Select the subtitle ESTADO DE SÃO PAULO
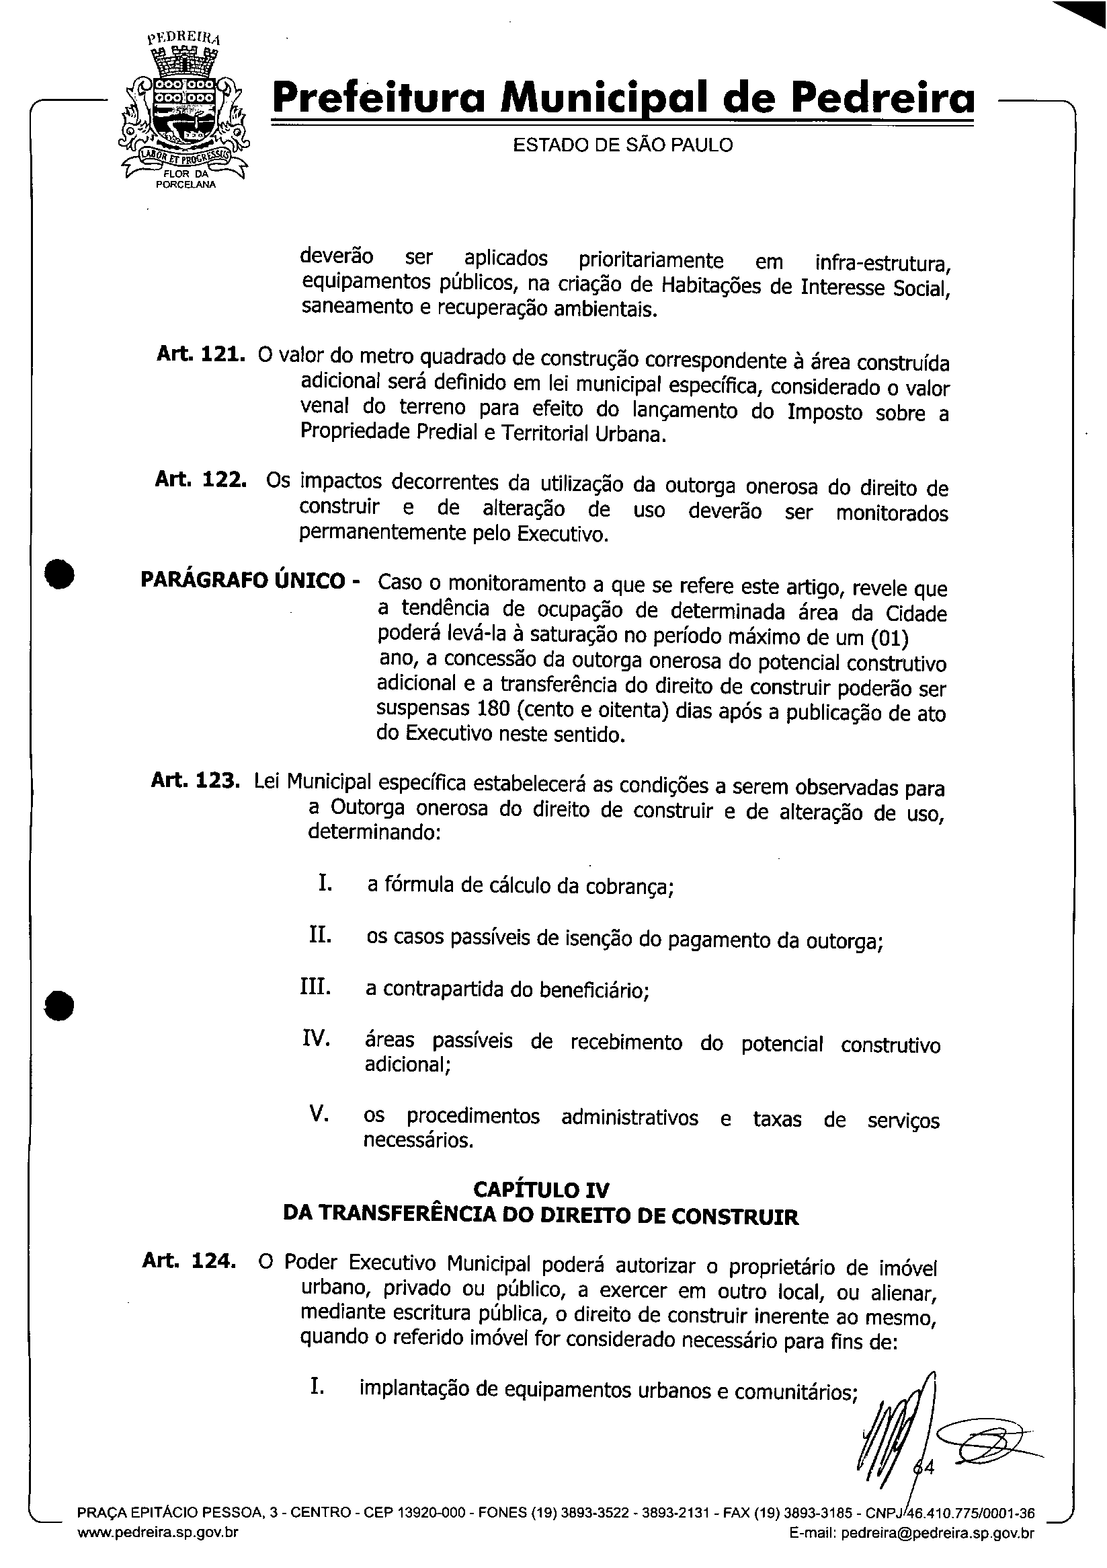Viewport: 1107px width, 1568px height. point(622,145)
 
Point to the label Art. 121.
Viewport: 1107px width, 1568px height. point(201,355)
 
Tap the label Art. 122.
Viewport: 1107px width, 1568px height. point(201,480)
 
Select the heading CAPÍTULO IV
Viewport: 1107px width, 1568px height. point(540,1191)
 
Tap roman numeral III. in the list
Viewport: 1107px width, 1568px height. point(316,987)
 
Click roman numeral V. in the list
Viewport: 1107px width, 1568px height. point(320,1113)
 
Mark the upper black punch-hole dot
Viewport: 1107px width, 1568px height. point(60,572)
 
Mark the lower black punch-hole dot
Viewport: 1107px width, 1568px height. point(59,1005)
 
